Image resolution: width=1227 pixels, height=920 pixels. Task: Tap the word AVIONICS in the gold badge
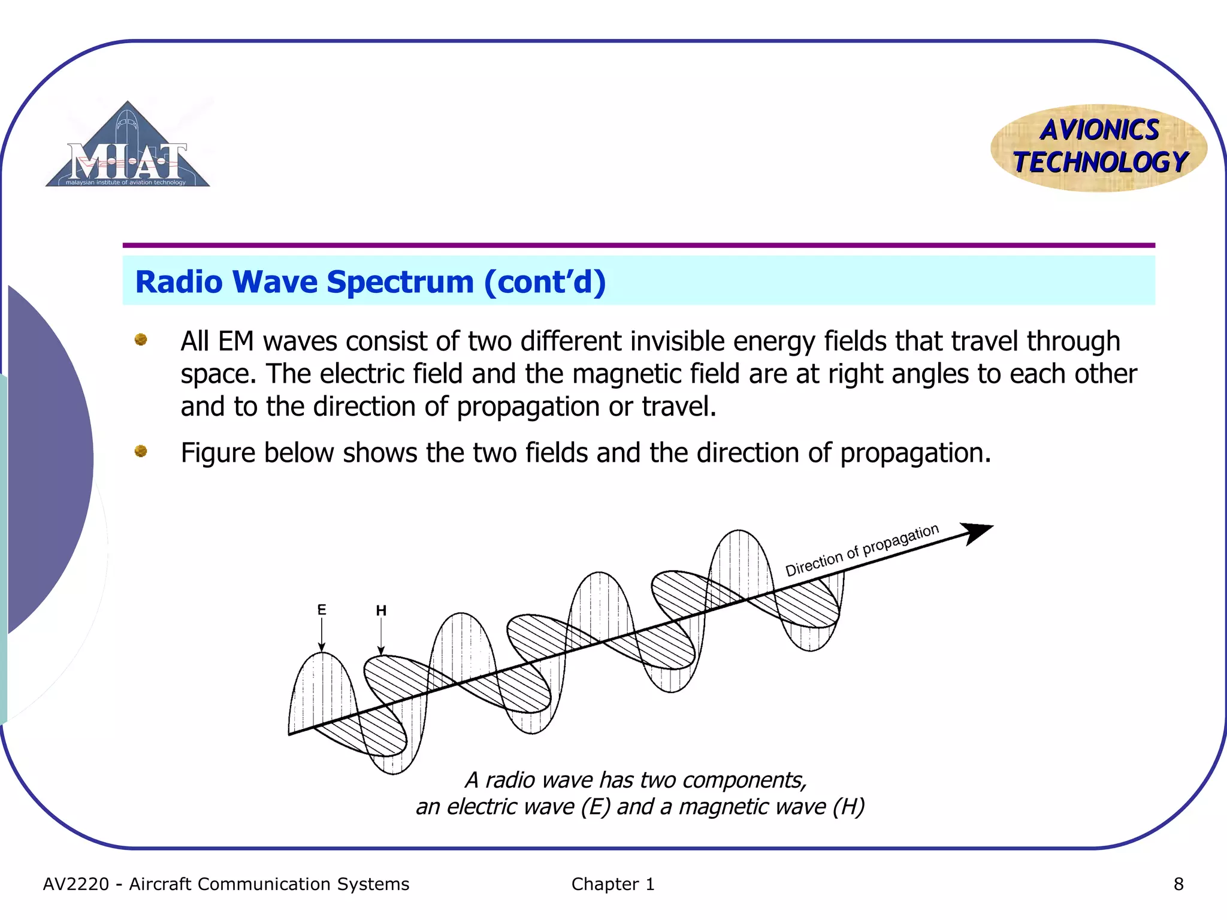[x=1099, y=130]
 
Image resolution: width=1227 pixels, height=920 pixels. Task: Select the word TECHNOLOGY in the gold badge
[x=1100, y=162]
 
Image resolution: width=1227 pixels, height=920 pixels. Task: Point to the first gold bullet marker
[x=141, y=340]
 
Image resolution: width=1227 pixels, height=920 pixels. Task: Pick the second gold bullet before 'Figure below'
[x=141, y=450]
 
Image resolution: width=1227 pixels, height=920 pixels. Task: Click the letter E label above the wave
[x=322, y=610]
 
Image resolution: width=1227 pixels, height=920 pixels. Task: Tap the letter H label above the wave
[x=381, y=610]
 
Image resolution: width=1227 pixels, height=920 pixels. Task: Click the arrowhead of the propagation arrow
[x=977, y=532]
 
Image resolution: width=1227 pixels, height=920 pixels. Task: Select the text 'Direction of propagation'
[x=862, y=550]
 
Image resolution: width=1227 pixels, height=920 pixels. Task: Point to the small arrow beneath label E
[x=322, y=635]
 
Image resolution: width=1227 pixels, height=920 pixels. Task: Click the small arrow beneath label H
[x=381, y=637]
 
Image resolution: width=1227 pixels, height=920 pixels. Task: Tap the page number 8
[x=1178, y=884]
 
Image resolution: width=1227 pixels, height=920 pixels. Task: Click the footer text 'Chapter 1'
[x=612, y=884]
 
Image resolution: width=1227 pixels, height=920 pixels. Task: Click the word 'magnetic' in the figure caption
[x=723, y=807]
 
